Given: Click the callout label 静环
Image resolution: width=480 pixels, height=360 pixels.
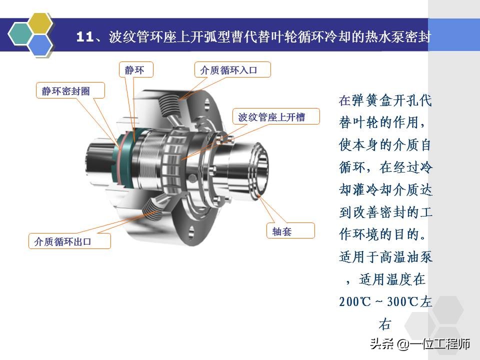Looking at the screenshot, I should [x=134, y=70].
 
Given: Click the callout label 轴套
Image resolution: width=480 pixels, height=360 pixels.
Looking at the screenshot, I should [x=282, y=231].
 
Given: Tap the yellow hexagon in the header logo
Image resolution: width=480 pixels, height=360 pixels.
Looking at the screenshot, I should [x=40, y=23].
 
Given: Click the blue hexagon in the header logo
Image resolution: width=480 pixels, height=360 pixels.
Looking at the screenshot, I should [x=40, y=44].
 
